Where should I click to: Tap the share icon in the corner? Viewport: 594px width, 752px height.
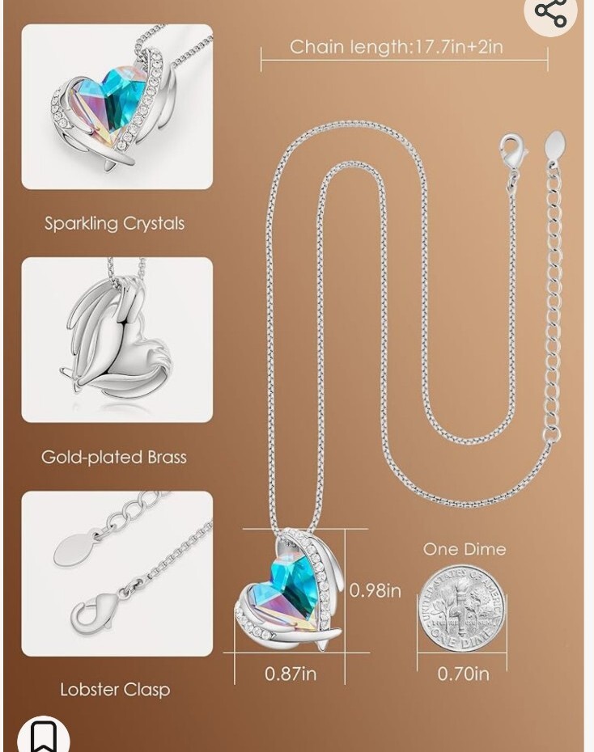click(x=550, y=12)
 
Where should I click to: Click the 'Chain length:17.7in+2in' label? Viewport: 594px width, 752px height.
click(x=397, y=47)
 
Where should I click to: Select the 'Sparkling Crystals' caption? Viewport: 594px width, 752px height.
click(x=114, y=223)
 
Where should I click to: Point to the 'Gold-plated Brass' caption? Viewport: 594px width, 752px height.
click(x=114, y=457)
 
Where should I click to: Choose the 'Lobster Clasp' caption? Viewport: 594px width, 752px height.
click(x=115, y=690)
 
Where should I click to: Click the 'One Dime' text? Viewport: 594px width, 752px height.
click(x=465, y=549)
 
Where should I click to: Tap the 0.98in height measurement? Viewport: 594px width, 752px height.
click(x=375, y=591)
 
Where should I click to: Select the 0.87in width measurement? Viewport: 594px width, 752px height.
click(x=291, y=673)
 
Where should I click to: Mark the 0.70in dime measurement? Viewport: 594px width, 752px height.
click(x=463, y=673)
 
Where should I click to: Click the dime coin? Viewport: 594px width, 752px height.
click(x=461, y=608)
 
